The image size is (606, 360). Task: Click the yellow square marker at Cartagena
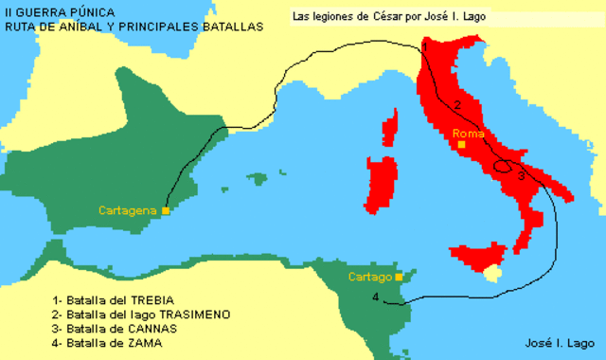pos(166,210)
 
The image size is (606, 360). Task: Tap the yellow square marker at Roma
pos(461,144)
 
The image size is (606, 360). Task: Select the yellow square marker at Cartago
pos(399,276)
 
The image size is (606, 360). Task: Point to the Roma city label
pos(468,134)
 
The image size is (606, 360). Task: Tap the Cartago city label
pos(369,277)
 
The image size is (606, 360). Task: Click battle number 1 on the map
pos(425,46)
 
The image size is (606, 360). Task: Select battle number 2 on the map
pos(456,105)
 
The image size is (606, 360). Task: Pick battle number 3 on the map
pos(519,173)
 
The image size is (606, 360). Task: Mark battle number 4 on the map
pos(377,297)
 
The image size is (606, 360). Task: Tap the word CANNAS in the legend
pos(155,328)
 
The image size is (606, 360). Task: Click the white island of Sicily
pos(491,274)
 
